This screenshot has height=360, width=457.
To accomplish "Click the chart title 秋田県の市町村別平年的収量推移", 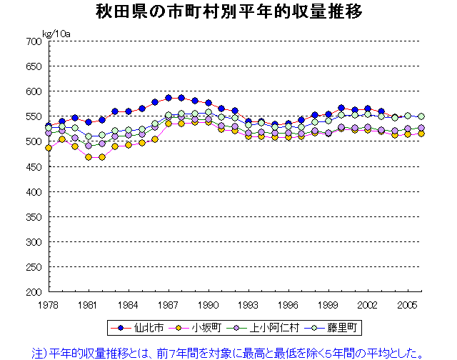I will [229, 12].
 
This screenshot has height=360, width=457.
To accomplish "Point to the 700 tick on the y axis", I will [34, 41].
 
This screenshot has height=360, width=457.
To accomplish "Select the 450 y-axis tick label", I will [34, 166].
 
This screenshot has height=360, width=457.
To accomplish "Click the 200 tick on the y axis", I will [34, 292].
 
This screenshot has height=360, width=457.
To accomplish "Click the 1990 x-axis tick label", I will [209, 304].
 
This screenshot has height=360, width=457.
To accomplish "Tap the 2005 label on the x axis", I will [408, 304].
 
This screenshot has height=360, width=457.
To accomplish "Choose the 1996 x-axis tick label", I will [288, 304].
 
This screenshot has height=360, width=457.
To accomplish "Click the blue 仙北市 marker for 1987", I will [169, 98].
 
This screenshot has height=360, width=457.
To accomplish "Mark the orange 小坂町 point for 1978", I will [49, 148].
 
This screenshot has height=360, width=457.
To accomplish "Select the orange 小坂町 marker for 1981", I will [89, 157].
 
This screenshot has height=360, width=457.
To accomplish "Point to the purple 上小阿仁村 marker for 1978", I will [49, 133].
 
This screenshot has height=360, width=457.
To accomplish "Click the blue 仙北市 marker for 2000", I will [341, 108].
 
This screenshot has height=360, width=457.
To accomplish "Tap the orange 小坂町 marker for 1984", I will [129, 145].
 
